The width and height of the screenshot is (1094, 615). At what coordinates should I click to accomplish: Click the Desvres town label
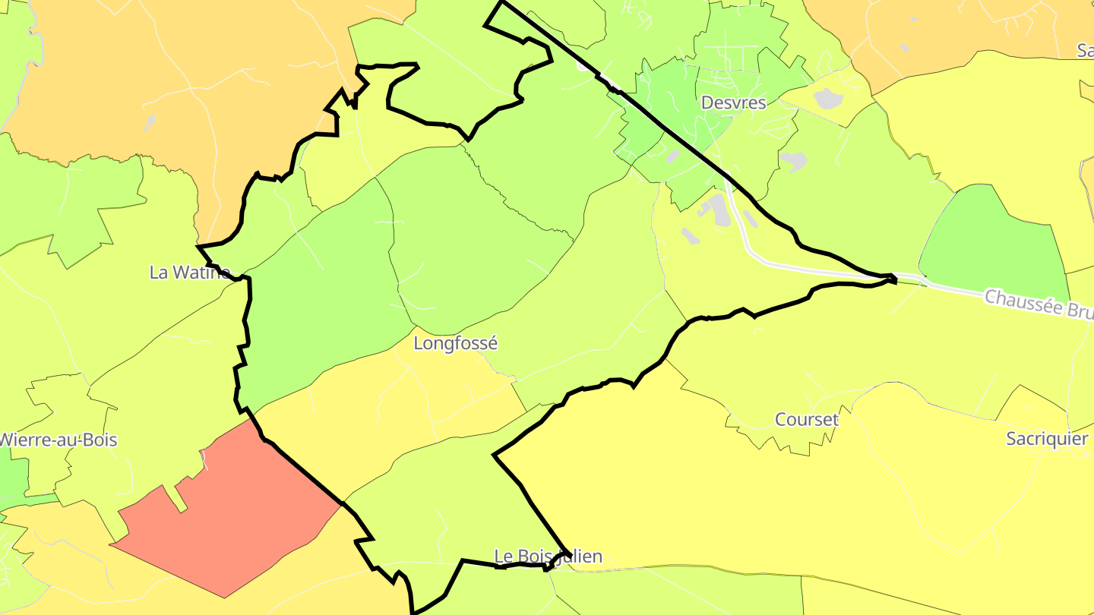tap(733, 102)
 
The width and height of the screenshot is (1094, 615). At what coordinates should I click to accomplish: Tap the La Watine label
tap(189, 273)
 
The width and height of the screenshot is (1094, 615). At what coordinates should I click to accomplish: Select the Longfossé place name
tap(455, 343)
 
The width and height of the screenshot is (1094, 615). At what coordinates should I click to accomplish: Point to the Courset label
tap(806, 419)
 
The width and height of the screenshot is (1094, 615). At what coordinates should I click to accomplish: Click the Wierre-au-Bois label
tap(58, 440)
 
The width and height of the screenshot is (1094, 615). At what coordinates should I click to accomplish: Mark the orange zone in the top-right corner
tap(950, 30)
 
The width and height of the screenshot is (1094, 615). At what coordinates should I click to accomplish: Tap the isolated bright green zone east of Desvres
tap(995, 235)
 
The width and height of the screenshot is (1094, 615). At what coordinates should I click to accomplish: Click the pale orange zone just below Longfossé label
tap(395, 410)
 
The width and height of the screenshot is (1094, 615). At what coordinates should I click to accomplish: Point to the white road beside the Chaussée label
tap(950, 287)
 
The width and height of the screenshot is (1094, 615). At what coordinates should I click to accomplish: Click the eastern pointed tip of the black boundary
tap(896, 280)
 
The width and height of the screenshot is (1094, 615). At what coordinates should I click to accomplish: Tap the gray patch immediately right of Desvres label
tap(827, 98)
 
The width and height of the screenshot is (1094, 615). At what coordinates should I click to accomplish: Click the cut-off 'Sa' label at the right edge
tap(1085, 50)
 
